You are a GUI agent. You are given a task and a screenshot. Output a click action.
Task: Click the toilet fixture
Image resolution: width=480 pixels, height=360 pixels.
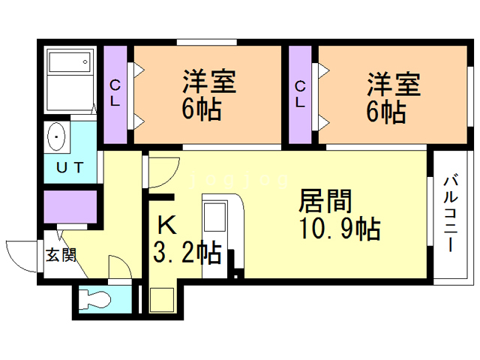[94, 299]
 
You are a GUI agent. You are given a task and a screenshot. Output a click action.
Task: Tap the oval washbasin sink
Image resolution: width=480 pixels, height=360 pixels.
[56, 136]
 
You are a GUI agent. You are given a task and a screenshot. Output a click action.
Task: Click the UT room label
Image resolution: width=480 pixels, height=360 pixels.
[70, 168]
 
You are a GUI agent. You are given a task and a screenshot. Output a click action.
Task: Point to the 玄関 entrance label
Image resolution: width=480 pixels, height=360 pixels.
[61, 255]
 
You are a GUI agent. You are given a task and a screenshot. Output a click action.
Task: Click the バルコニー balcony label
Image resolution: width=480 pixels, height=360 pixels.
[450, 213]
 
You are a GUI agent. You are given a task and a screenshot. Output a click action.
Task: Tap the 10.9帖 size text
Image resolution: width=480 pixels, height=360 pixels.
[340, 229]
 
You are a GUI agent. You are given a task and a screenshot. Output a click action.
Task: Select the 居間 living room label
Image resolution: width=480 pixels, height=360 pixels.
[325, 201]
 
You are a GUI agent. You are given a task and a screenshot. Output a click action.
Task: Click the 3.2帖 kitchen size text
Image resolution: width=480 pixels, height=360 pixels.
[187, 253]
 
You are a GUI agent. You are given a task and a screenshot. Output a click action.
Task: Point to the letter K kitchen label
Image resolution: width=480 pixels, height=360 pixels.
[167, 225]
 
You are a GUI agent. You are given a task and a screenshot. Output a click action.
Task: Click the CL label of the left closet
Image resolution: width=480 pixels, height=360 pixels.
[115, 93]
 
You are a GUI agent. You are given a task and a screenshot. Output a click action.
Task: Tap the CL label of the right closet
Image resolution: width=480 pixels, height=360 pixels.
[300, 94]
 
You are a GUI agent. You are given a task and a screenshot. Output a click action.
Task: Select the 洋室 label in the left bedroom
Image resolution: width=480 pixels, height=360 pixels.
[209, 82]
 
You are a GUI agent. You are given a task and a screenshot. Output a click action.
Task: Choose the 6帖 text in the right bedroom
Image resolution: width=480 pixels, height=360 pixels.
[386, 112]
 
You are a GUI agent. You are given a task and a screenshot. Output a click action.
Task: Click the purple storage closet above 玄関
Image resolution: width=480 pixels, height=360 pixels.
[70, 207]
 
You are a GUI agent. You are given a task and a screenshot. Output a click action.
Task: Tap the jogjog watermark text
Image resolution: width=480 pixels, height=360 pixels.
[238, 180]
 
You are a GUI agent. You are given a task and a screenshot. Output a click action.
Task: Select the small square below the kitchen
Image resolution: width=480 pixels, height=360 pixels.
[162, 299]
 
